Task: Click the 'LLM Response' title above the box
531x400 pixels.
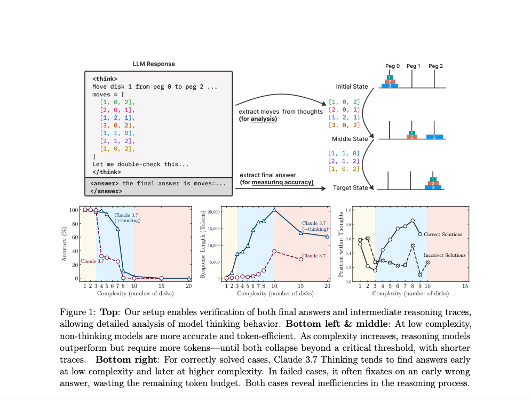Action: (154, 64)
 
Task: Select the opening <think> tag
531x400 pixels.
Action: (105, 79)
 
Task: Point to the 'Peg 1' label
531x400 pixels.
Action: (413, 66)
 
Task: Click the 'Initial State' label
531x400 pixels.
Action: (352, 87)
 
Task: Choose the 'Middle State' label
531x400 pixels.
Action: (350, 139)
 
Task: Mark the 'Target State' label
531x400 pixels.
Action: (350, 188)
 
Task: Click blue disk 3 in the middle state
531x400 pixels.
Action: (434, 137)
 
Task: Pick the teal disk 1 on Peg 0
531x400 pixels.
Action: (390, 77)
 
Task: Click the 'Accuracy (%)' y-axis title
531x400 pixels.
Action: (64, 244)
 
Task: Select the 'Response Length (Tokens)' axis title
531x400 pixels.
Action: (203, 245)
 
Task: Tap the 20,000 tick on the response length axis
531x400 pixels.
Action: (213, 212)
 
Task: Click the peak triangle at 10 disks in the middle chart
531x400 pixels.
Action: (274, 210)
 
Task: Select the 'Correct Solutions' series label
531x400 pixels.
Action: (443, 234)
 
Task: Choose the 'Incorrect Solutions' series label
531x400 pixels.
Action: (445, 255)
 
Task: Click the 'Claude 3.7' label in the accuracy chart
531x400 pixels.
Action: (92, 261)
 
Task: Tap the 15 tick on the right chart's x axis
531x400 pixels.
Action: (465, 286)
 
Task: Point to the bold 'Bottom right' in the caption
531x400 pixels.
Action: (126, 359)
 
